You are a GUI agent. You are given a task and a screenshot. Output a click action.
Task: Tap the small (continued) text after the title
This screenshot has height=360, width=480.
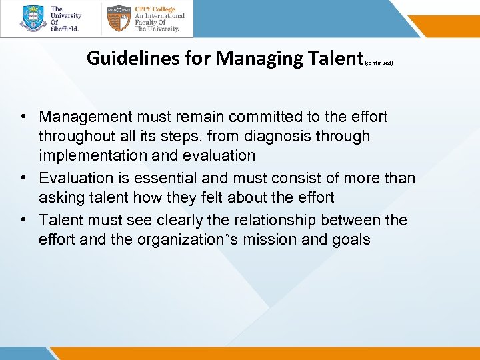pos(379,63)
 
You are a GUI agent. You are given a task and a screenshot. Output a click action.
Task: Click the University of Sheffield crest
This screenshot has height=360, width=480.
pos(33,19)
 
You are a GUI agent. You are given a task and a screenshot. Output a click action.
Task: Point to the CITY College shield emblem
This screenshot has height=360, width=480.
pos(118,19)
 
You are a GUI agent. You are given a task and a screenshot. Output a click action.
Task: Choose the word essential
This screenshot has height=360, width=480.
pos(166,179)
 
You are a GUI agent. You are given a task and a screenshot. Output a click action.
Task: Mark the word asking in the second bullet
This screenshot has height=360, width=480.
pos(59,197)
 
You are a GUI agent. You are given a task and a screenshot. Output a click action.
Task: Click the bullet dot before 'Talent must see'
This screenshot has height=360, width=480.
pos(23,220)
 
